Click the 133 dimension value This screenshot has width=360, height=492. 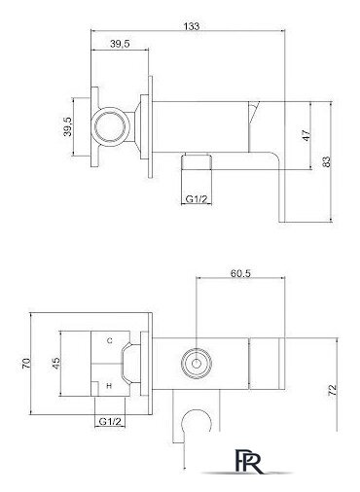(x=192, y=26)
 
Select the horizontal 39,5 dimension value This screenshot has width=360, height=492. (x=120, y=44)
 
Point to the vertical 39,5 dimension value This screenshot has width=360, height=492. (x=68, y=126)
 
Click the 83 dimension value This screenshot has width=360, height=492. (x=327, y=161)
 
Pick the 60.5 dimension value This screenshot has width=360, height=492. (x=240, y=273)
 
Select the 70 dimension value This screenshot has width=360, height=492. (x=26, y=363)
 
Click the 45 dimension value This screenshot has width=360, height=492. (x=55, y=363)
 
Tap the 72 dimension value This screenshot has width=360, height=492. (x=333, y=390)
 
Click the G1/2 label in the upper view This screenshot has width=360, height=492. (x=196, y=199)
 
